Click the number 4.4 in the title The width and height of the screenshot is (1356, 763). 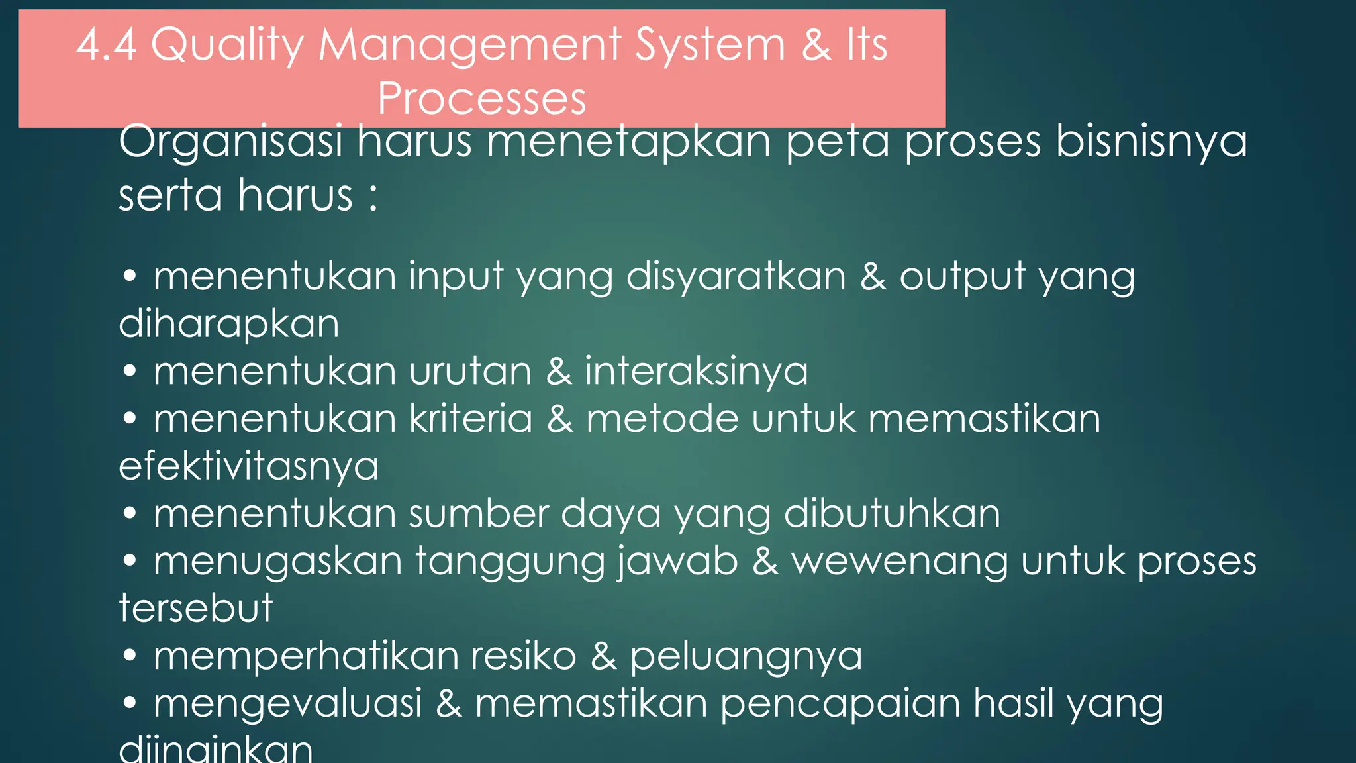(107, 45)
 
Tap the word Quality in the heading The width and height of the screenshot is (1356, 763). (227, 46)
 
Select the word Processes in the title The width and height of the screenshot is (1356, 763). (482, 99)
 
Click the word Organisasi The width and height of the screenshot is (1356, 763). (230, 142)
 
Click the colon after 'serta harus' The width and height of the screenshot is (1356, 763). (373, 197)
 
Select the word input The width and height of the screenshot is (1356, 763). (456, 276)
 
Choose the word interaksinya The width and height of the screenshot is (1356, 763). (696, 371)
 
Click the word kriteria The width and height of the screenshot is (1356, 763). (471, 419)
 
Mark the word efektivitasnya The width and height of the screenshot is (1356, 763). (248, 466)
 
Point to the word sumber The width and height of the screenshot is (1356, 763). (479, 513)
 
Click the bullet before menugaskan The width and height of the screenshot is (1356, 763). (130, 562)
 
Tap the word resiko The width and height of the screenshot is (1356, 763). (523, 656)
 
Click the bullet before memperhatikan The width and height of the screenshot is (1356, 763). (130, 656)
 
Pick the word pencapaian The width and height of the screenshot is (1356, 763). (840, 704)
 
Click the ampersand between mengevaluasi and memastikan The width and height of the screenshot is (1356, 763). (448, 703)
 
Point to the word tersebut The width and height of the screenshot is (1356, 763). (195, 608)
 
